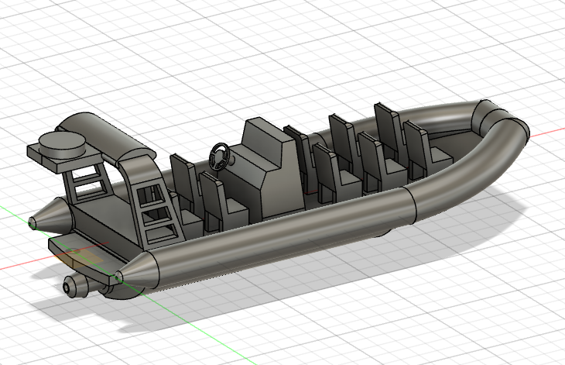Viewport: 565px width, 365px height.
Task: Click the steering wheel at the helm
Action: (x=219, y=155)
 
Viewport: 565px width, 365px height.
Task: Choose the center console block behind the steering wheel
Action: (x=267, y=170)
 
